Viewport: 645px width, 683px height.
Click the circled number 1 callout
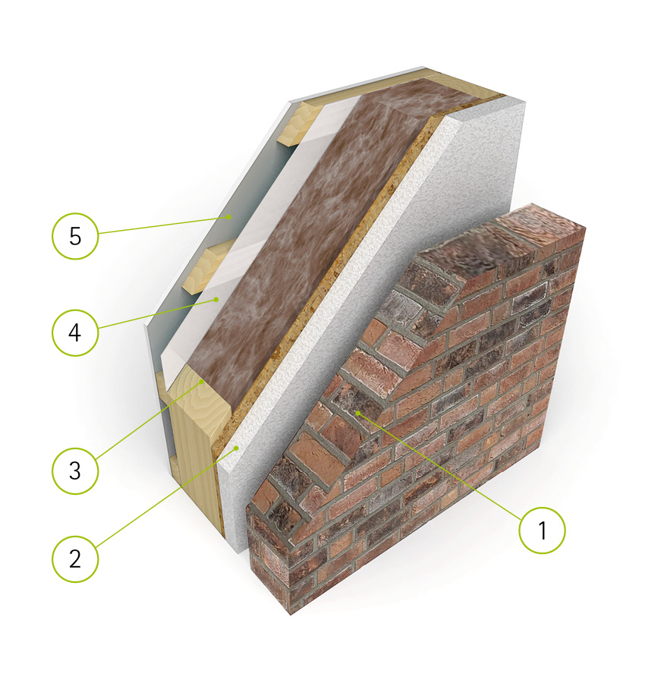[542, 530]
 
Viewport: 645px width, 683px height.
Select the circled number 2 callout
[75, 559]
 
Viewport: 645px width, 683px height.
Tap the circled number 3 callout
[75, 471]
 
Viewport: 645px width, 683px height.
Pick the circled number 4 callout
[75, 333]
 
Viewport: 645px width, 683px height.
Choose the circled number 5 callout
[75, 236]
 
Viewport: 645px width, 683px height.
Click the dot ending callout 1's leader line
[357, 412]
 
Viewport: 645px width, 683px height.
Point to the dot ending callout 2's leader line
[237, 448]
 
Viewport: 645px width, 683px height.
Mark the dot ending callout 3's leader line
[202, 382]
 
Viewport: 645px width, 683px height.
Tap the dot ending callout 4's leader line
[216, 300]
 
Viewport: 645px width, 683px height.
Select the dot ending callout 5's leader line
[228, 216]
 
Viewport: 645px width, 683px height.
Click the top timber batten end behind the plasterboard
[300, 124]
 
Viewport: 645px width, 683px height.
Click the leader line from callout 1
[439, 466]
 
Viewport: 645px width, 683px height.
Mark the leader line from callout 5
[163, 225]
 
